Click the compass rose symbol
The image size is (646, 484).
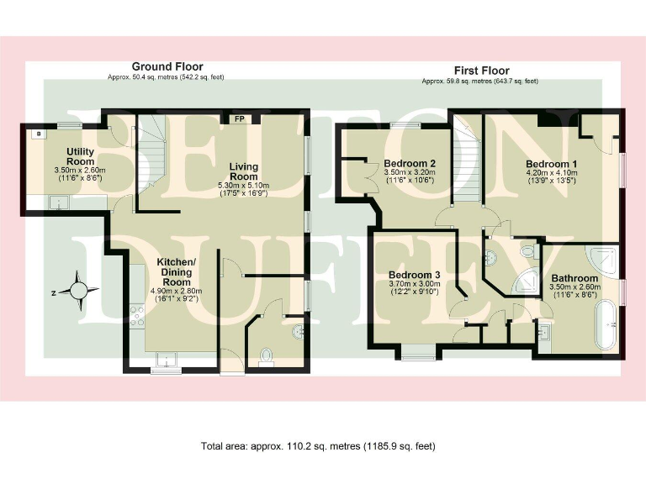pyautogui.click(x=79, y=291)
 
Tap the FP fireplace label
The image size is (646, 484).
pyautogui.click(x=239, y=119)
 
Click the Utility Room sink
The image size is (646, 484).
pyautogui.click(x=58, y=201)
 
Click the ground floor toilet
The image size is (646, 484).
pyautogui.click(x=267, y=356)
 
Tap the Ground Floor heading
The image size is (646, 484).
pyautogui.click(x=167, y=66)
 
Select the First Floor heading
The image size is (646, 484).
pyautogui.click(x=480, y=71)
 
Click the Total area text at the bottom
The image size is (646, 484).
pyautogui.click(x=318, y=445)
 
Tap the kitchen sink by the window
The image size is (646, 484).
pyautogui.click(x=167, y=360)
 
